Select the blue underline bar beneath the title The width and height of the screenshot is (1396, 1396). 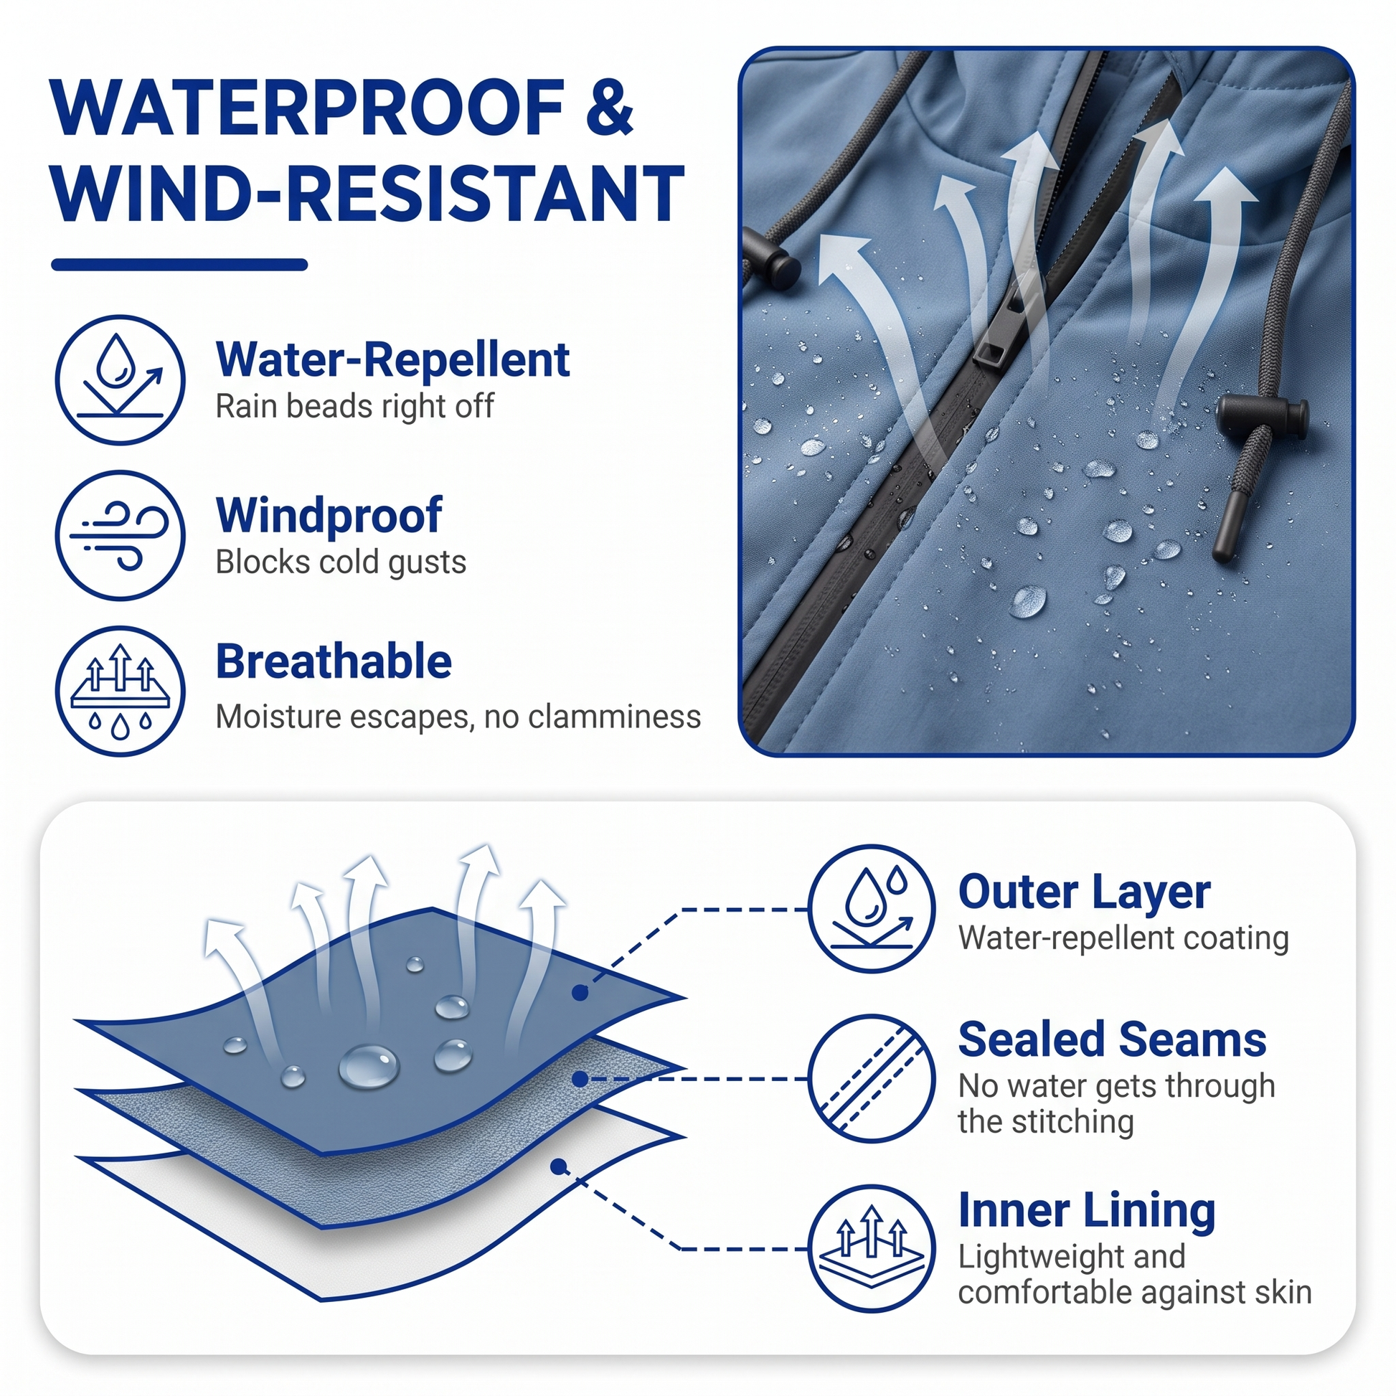[x=179, y=265]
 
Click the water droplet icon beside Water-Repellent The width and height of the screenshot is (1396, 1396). [x=121, y=380]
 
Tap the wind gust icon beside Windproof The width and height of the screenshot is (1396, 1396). [x=121, y=535]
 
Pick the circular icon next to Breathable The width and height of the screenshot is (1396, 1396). [x=121, y=691]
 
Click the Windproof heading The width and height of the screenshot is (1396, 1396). [x=329, y=515]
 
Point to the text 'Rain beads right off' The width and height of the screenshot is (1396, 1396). [x=354, y=406]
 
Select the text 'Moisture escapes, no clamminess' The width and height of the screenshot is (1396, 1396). [x=458, y=717]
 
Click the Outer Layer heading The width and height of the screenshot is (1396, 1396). [x=1084, y=892]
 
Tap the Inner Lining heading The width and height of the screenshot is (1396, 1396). [x=1087, y=1211]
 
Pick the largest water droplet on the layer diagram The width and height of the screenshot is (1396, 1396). [x=369, y=1067]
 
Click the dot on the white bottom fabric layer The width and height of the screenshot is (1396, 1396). [x=558, y=1167]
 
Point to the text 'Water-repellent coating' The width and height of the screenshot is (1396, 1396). [x=1123, y=938]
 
